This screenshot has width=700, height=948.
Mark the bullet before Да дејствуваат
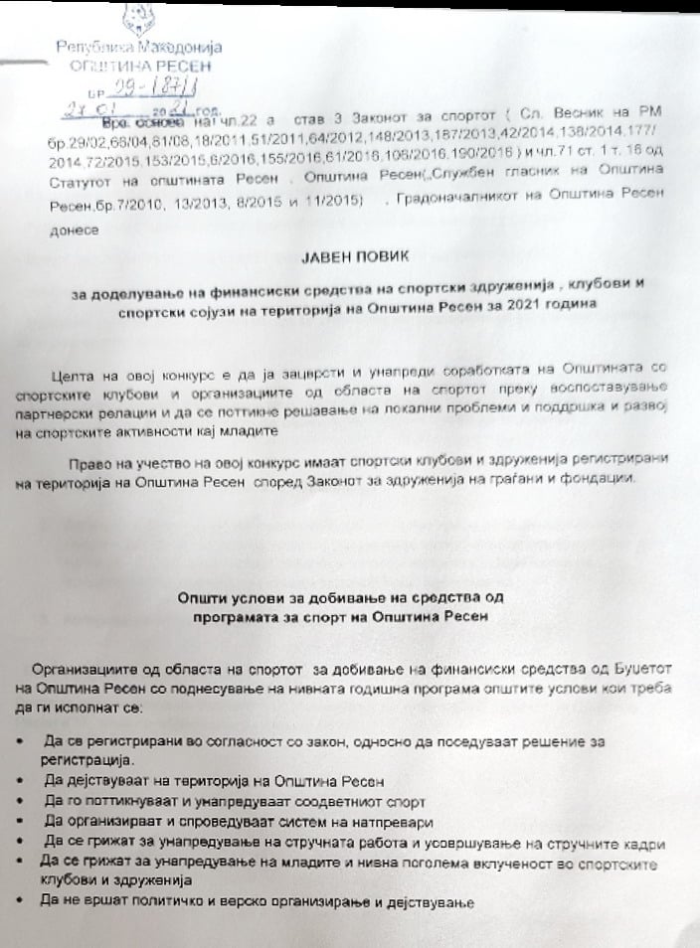click(23, 781)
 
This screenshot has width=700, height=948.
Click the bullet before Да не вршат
click(23, 903)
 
